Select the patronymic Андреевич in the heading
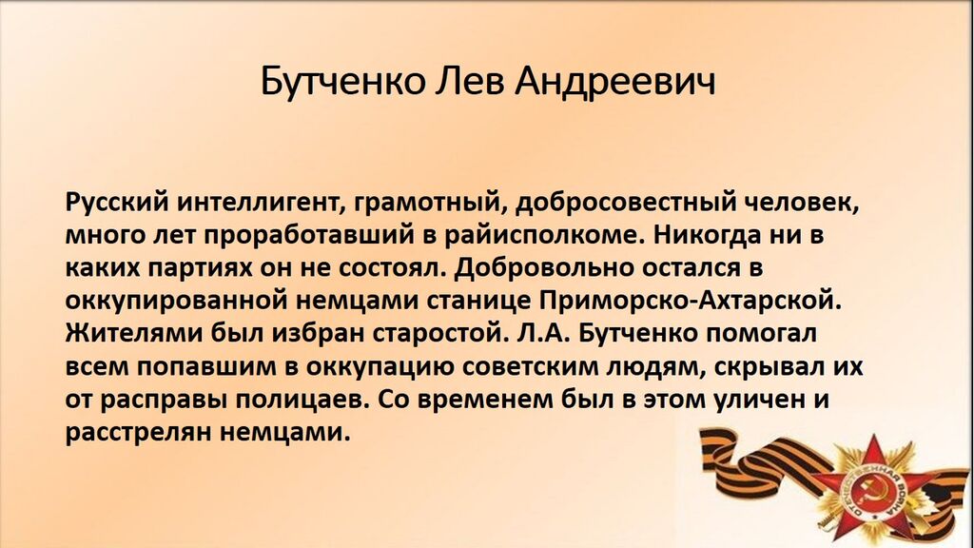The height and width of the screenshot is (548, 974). point(614,82)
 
